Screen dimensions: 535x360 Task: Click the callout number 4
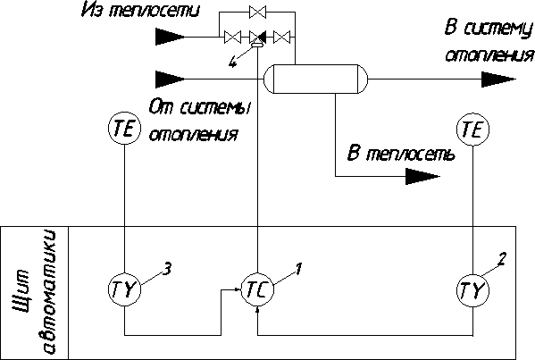(x=232, y=63)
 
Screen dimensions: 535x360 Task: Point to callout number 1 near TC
(x=298, y=269)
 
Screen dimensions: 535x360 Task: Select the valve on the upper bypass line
(x=257, y=12)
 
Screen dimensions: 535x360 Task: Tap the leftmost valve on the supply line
(x=232, y=37)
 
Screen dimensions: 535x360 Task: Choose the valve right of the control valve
(x=282, y=37)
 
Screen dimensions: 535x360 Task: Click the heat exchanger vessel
(x=316, y=79)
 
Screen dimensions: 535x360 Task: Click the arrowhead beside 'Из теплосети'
(x=171, y=37)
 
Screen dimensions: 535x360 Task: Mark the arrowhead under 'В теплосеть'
(x=422, y=176)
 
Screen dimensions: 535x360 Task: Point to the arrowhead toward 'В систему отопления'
(x=498, y=80)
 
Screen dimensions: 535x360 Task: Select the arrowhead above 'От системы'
(x=171, y=80)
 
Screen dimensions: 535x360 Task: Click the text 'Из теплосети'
(x=140, y=10)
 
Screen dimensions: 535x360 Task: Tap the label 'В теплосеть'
(x=401, y=154)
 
